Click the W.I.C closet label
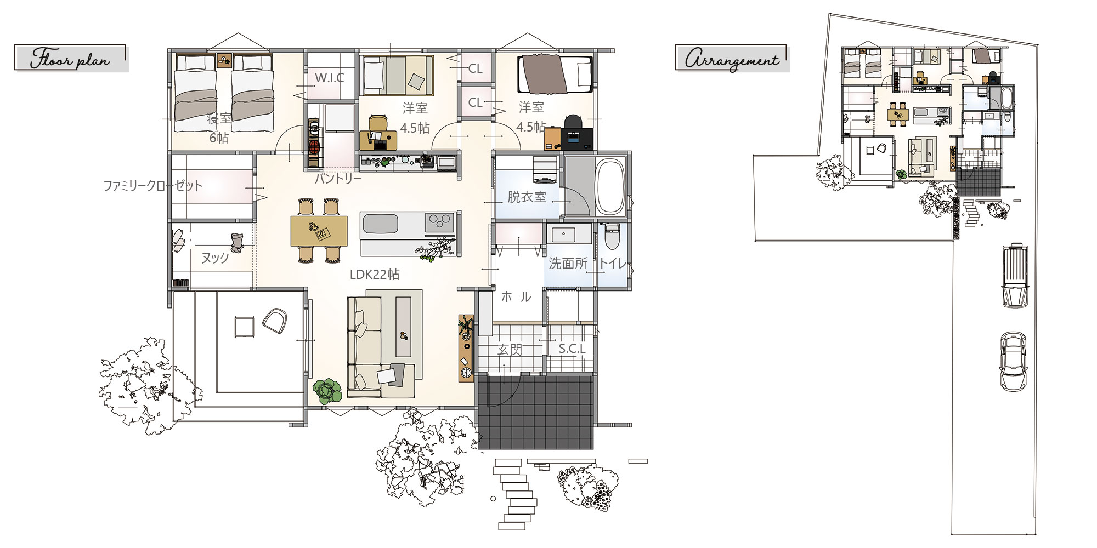pyautogui.click(x=329, y=78)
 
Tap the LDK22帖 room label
pyautogui.click(x=375, y=274)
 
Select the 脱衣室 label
pyautogui.click(x=527, y=197)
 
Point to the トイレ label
pyautogui.click(x=612, y=264)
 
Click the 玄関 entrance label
pyautogui.click(x=510, y=350)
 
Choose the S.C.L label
pyautogui.click(x=572, y=349)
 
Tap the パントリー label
pyautogui.click(x=338, y=179)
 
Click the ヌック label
pyautogui.click(x=215, y=258)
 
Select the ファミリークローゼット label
pyautogui.click(x=153, y=186)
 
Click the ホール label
pyautogui.click(x=516, y=297)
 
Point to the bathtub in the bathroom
pyautogui.click(x=610, y=187)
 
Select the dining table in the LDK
pyautogui.click(x=319, y=231)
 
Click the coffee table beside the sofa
pyautogui.click(x=403, y=327)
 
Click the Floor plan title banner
pyautogui.click(x=71, y=59)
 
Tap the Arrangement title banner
pyautogui.click(x=732, y=59)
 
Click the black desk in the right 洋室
pyautogui.click(x=576, y=139)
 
